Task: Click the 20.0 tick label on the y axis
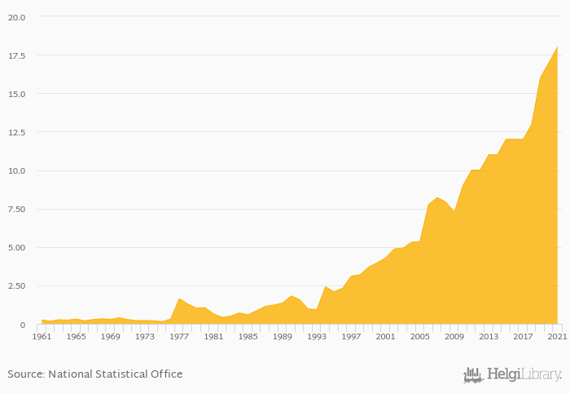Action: [16, 17]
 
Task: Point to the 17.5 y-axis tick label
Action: [16, 55]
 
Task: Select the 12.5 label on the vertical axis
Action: [16, 132]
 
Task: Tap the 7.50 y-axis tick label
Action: [16, 209]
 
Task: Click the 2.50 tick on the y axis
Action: [16, 286]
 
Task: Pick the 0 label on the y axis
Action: [23, 325]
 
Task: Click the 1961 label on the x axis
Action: [42, 336]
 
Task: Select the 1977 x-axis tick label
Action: [179, 336]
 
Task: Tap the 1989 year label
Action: [283, 336]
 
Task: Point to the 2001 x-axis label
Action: [386, 336]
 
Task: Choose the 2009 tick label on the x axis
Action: [454, 336]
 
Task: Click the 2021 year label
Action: [557, 336]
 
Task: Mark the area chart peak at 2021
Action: [557, 47]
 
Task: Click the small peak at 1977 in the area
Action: [179, 299]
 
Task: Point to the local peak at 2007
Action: [437, 198]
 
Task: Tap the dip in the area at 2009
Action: [454, 212]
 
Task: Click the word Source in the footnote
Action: [25, 374]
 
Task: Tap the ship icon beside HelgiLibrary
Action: [473, 375]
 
